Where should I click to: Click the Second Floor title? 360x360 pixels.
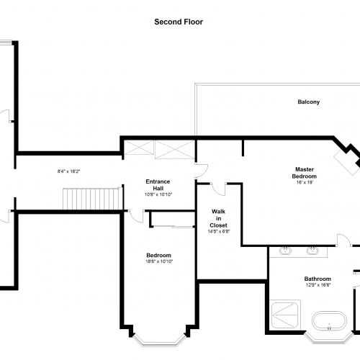coord(179,22)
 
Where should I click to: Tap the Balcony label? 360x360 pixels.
coord(309,102)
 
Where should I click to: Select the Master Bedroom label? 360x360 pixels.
coord(305,173)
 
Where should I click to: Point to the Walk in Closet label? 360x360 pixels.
coord(218,218)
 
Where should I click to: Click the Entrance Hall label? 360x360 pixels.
coord(158,185)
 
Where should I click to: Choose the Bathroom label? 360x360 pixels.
coord(318,279)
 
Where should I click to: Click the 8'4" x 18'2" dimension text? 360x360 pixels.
coord(68,171)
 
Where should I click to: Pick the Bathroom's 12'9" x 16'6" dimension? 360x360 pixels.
coord(318,285)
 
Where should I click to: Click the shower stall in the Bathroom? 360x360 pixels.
coord(285,315)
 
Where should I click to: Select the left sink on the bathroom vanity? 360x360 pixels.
coord(285,251)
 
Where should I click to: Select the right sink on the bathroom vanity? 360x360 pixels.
coord(312,251)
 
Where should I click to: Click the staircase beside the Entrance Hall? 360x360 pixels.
coord(91,199)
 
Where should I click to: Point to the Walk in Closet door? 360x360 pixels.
coord(218,189)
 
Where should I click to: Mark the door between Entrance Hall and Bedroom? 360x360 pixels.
coord(137,216)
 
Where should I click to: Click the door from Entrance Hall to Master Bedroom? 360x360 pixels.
coord(202,171)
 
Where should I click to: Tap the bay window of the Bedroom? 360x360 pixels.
coord(159,341)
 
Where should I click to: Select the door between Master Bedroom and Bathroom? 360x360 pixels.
coord(343,240)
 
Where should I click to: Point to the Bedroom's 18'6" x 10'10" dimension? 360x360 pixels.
coord(159,261)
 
